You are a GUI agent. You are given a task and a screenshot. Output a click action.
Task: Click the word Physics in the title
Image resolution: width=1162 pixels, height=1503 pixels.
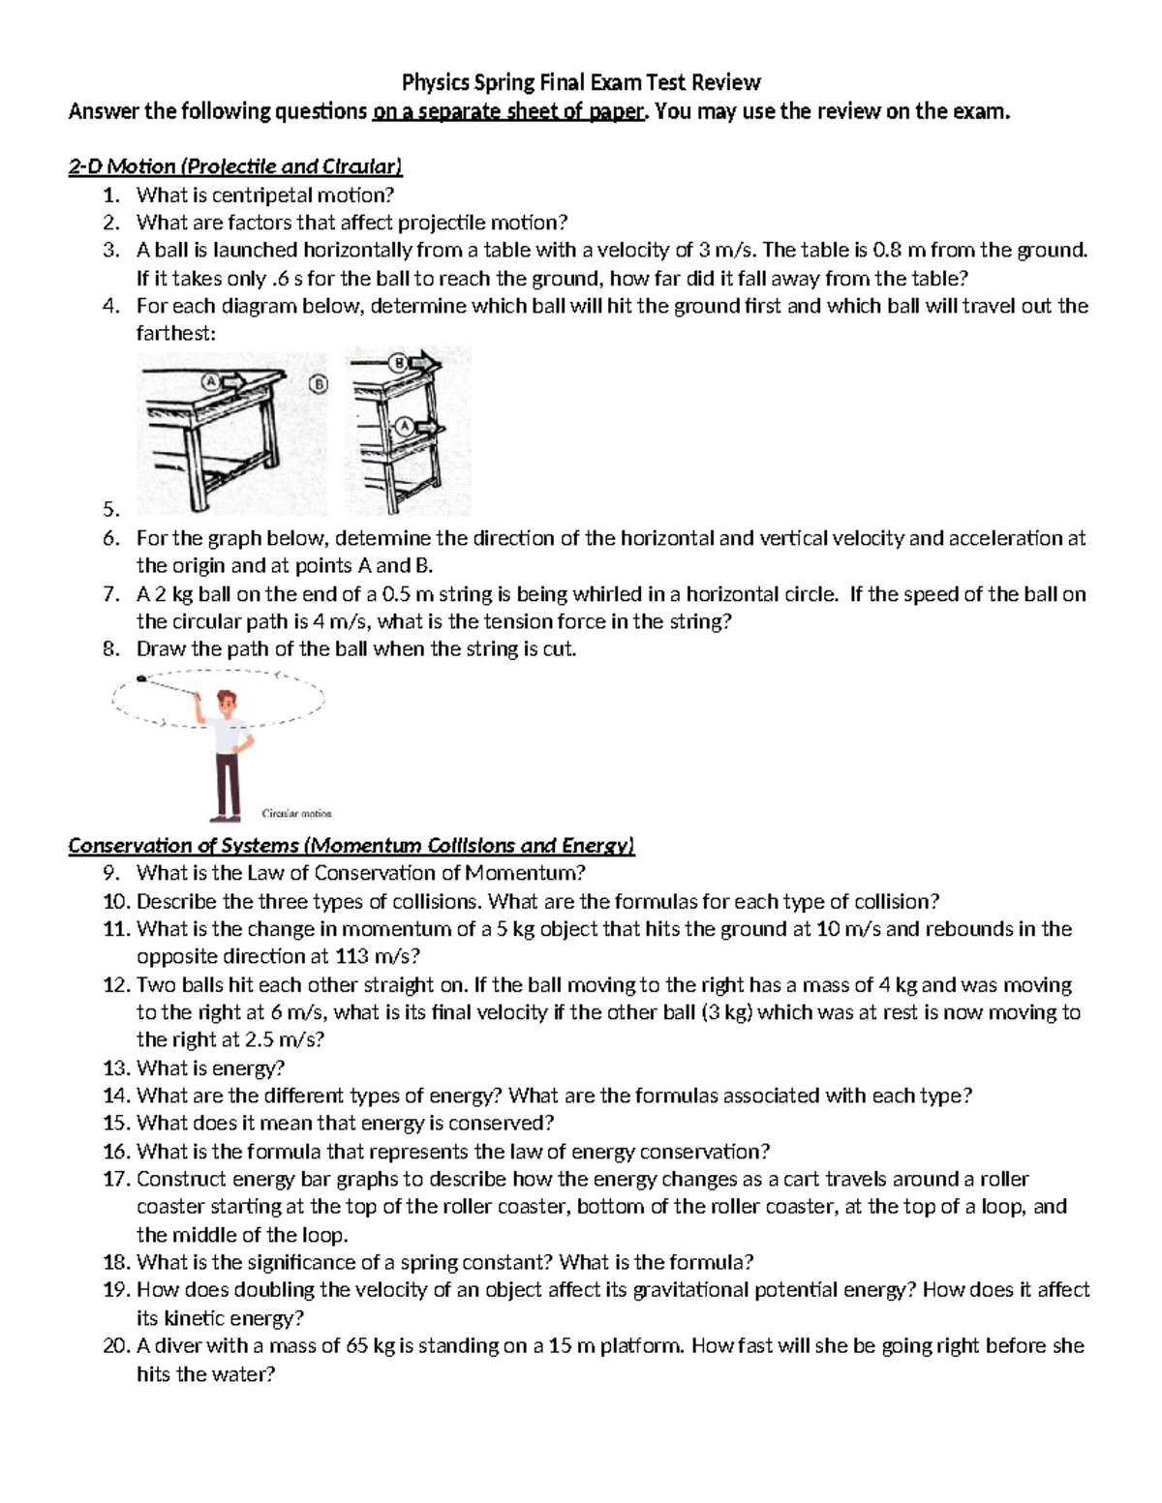430,82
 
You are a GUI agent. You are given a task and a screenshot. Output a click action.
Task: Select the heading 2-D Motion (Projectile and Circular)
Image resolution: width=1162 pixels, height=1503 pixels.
235,166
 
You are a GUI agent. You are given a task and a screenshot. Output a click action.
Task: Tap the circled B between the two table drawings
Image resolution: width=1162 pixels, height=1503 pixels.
319,385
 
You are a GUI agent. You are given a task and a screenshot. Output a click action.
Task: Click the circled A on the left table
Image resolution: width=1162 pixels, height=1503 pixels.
206,380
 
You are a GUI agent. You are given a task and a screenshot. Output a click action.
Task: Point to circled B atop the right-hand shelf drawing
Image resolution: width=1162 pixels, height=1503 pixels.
397,364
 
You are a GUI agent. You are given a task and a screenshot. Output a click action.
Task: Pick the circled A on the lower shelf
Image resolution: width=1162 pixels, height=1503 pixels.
404,427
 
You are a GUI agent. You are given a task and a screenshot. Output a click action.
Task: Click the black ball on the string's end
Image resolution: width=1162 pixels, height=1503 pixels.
141,679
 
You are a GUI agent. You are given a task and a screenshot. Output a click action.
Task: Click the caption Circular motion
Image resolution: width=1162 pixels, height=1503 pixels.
296,814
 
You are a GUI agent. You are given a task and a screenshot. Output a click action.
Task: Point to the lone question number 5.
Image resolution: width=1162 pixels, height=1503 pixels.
111,510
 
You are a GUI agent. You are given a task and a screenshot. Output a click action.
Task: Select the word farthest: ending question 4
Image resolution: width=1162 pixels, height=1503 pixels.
176,334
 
